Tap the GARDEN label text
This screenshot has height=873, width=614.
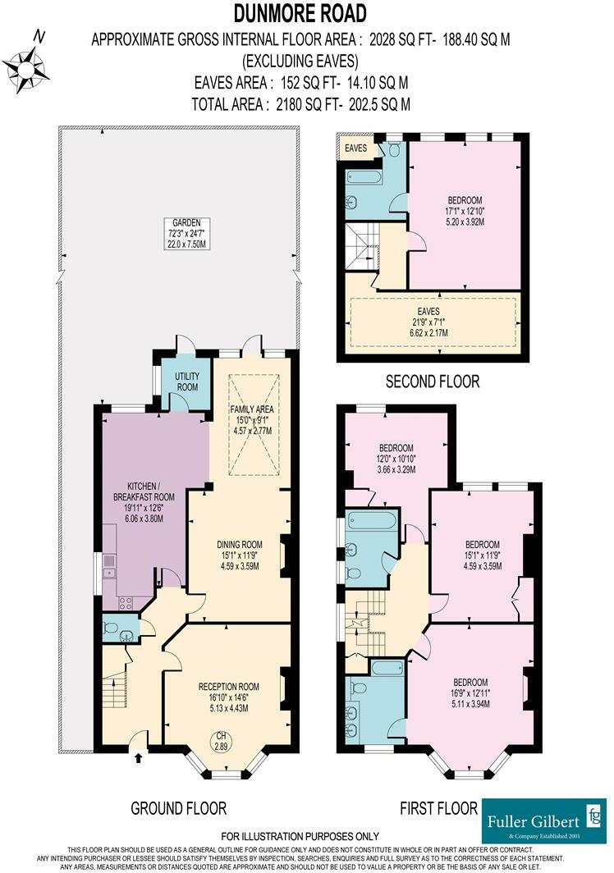(176, 222)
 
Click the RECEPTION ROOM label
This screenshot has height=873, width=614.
(228, 687)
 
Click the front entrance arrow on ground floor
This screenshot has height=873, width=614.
(136, 759)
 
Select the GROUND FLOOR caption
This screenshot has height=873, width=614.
(179, 808)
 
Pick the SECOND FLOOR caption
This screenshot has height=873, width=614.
(432, 382)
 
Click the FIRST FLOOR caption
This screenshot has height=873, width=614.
(438, 808)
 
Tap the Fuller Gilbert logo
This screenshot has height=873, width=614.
(543, 821)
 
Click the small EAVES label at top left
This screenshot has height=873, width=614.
(355, 149)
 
